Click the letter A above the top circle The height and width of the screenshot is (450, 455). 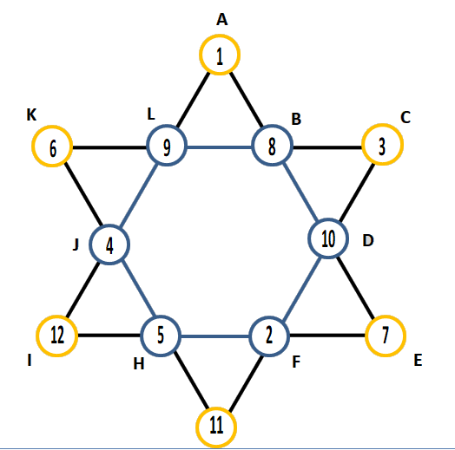pos(222,20)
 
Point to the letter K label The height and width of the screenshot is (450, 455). pos(31,114)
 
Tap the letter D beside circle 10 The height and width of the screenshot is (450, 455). pos(368,240)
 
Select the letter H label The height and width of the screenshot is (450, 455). pos(139,363)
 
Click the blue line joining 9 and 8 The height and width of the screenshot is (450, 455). pos(220,147)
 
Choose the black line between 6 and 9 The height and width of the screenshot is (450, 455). pos(109,147)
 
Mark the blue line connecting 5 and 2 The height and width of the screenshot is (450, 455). pos(215,336)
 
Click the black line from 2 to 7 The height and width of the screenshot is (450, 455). pos(327,336)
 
